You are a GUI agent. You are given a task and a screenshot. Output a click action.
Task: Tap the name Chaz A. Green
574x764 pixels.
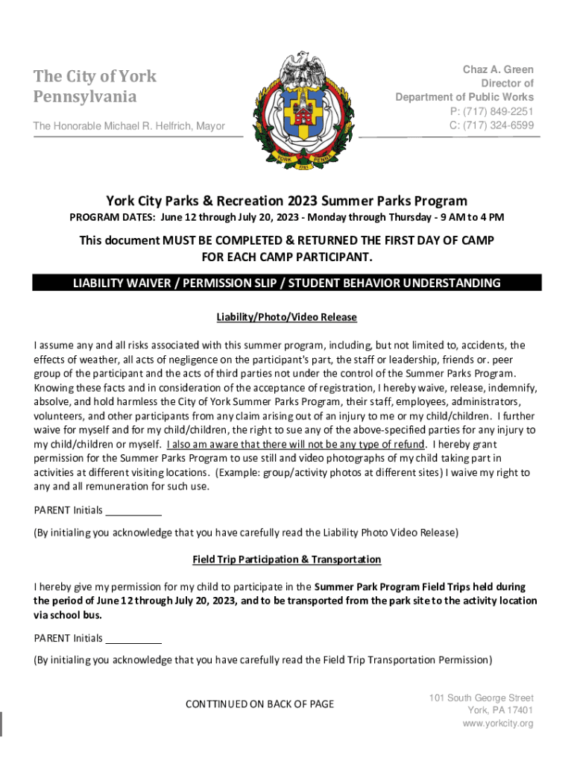[498, 69]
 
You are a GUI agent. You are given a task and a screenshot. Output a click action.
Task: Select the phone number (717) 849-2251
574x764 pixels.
[491, 111]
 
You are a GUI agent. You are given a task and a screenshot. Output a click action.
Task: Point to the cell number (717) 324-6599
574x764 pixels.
[491, 125]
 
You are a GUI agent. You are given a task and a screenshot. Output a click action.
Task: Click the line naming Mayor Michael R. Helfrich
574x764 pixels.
[129, 126]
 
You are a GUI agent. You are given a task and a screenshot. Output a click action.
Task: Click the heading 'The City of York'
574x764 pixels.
[95, 76]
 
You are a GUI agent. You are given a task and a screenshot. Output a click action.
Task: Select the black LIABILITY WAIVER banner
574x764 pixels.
[287, 283]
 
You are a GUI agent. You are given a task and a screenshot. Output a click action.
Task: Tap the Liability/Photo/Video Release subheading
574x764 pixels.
[287, 317]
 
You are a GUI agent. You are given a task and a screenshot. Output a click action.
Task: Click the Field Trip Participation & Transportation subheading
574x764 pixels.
[287, 559]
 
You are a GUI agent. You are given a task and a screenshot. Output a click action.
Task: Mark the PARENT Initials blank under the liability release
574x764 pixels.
[133, 511]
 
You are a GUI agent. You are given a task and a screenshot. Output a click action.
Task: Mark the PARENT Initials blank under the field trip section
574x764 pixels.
[133, 639]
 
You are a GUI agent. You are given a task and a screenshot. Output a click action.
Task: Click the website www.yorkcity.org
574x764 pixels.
[497, 724]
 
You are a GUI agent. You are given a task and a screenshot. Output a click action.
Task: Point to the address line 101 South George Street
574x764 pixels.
[481, 698]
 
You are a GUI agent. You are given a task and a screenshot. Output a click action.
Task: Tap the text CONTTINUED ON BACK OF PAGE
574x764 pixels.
[259, 704]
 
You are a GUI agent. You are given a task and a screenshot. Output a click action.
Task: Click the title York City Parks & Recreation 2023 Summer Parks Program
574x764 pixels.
[287, 201]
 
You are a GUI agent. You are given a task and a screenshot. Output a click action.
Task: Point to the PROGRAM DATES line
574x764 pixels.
[287, 218]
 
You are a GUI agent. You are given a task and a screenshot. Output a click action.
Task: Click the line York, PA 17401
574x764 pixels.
[500, 710]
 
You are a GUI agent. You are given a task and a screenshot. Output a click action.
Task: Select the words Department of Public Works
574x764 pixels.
[464, 97]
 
